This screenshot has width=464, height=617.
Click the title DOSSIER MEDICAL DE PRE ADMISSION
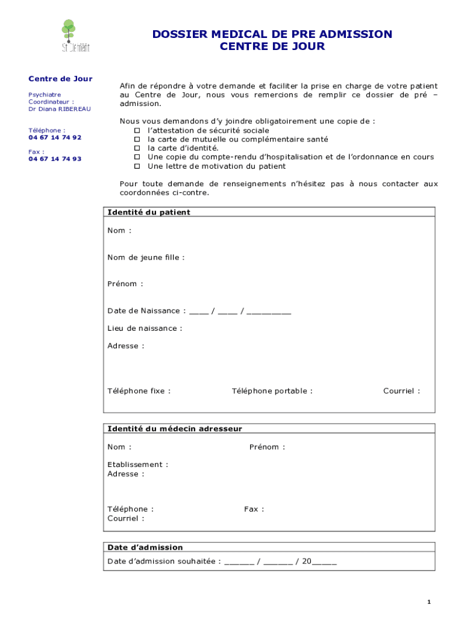272,34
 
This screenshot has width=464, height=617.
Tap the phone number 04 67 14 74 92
55,137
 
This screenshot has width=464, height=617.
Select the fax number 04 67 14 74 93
55,159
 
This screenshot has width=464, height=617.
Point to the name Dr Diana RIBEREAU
60,109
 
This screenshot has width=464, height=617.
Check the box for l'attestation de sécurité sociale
137,131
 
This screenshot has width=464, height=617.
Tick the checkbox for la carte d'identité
137,148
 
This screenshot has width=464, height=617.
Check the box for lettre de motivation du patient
137,166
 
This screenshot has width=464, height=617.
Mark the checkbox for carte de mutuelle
137,139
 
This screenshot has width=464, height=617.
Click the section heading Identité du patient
149,212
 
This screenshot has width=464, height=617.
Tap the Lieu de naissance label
145,328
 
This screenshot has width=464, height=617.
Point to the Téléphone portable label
272,391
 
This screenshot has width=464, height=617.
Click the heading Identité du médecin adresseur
175,428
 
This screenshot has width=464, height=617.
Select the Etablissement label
137,465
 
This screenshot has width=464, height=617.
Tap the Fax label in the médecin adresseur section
254,509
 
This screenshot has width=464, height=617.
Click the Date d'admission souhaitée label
163,561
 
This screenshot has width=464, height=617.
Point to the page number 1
428,602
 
